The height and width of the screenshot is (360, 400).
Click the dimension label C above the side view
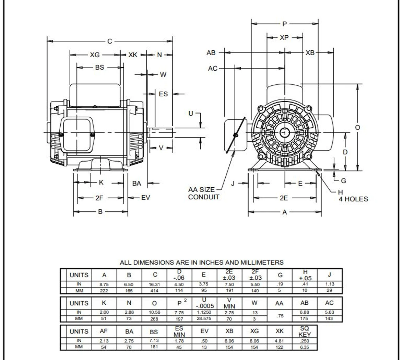pos(109,41)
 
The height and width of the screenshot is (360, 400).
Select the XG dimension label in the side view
pos(95,55)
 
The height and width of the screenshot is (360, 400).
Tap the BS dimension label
pos(99,67)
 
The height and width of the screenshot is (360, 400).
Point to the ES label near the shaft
pos(163,94)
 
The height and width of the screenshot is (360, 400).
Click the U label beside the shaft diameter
pos(191,114)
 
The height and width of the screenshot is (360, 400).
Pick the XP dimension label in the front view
pos(284,38)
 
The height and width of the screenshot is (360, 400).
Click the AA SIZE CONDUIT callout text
pos(203,193)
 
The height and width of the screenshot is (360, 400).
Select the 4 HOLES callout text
pos(353,199)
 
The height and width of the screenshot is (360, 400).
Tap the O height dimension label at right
pos(357,128)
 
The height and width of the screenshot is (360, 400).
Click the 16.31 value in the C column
pos(154,285)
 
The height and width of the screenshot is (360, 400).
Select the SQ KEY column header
pos(304,331)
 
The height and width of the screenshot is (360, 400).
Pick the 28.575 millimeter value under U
pos(204,318)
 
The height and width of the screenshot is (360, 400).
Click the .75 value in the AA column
pos(280,316)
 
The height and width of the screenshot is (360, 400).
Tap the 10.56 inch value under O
pos(154,312)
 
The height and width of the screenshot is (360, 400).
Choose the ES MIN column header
pos(179,331)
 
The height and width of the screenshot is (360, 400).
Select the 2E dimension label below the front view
pos(284,198)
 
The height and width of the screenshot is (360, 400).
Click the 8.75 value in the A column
pos(104,285)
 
